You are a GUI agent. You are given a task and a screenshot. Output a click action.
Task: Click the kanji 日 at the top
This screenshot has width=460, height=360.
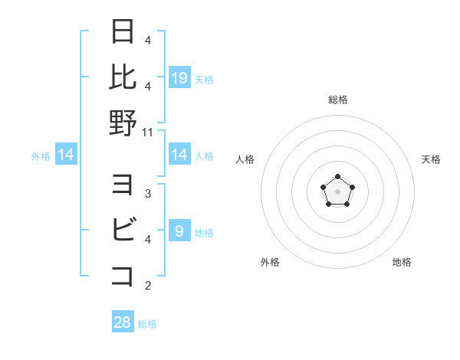(x=123, y=32)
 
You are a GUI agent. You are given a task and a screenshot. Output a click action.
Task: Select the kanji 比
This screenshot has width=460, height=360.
(x=123, y=76)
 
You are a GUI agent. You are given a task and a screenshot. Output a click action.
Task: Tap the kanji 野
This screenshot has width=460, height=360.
(x=123, y=123)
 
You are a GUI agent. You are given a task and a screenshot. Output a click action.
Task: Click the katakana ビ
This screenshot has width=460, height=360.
(x=123, y=230)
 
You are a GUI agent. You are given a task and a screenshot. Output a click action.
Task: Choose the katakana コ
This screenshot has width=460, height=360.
(x=123, y=276)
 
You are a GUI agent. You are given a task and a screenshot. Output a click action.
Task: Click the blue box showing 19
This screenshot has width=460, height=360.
(x=179, y=77)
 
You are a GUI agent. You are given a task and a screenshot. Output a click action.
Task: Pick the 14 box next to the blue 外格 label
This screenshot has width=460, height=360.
(x=67, y=155)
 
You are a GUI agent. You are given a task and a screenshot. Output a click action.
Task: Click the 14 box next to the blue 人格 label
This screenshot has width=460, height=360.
(x=179, y=155)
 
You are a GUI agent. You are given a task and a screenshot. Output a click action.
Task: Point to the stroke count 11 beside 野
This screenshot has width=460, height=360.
(x=149, y=133)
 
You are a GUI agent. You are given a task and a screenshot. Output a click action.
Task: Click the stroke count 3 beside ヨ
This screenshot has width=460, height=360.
(x=148, y=194)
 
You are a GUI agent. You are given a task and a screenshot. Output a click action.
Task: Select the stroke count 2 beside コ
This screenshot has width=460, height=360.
(x=148, y=286)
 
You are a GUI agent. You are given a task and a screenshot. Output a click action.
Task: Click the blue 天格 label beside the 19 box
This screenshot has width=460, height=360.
(x=204, y=79)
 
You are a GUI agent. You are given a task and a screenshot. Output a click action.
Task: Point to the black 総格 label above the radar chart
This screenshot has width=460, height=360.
(x=337, y=100)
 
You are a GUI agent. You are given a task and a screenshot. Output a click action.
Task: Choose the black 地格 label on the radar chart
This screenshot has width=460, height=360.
(x=402, y=262)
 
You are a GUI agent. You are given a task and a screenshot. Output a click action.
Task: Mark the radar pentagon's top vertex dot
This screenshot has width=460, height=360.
(x=337, y=177)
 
